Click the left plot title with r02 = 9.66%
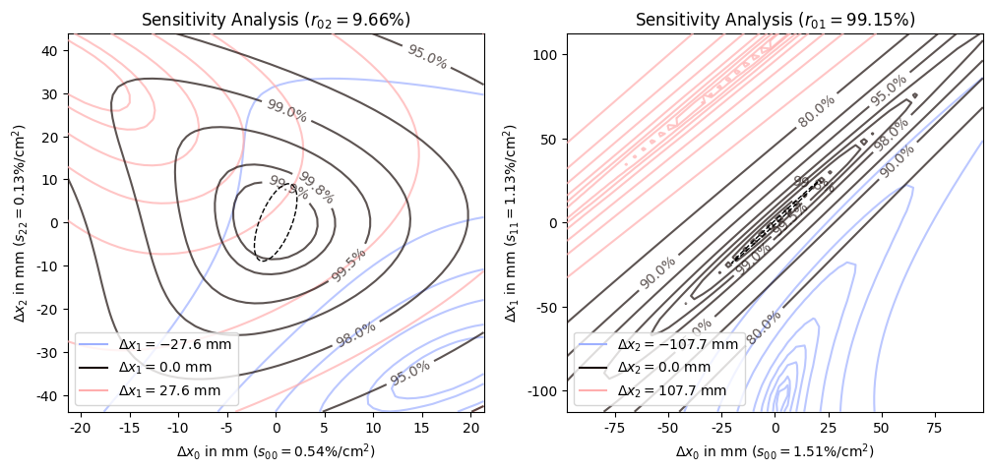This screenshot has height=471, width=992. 276,20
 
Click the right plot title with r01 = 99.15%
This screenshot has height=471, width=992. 775,20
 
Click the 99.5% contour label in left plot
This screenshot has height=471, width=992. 348,265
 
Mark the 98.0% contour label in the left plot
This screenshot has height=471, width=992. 356,334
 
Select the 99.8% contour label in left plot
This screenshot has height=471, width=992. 316,187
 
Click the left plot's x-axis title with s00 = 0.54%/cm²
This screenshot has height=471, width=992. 276,451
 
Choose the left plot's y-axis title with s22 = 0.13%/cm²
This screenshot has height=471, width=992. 20,222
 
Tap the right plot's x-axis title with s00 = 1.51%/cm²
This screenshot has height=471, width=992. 775,451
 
